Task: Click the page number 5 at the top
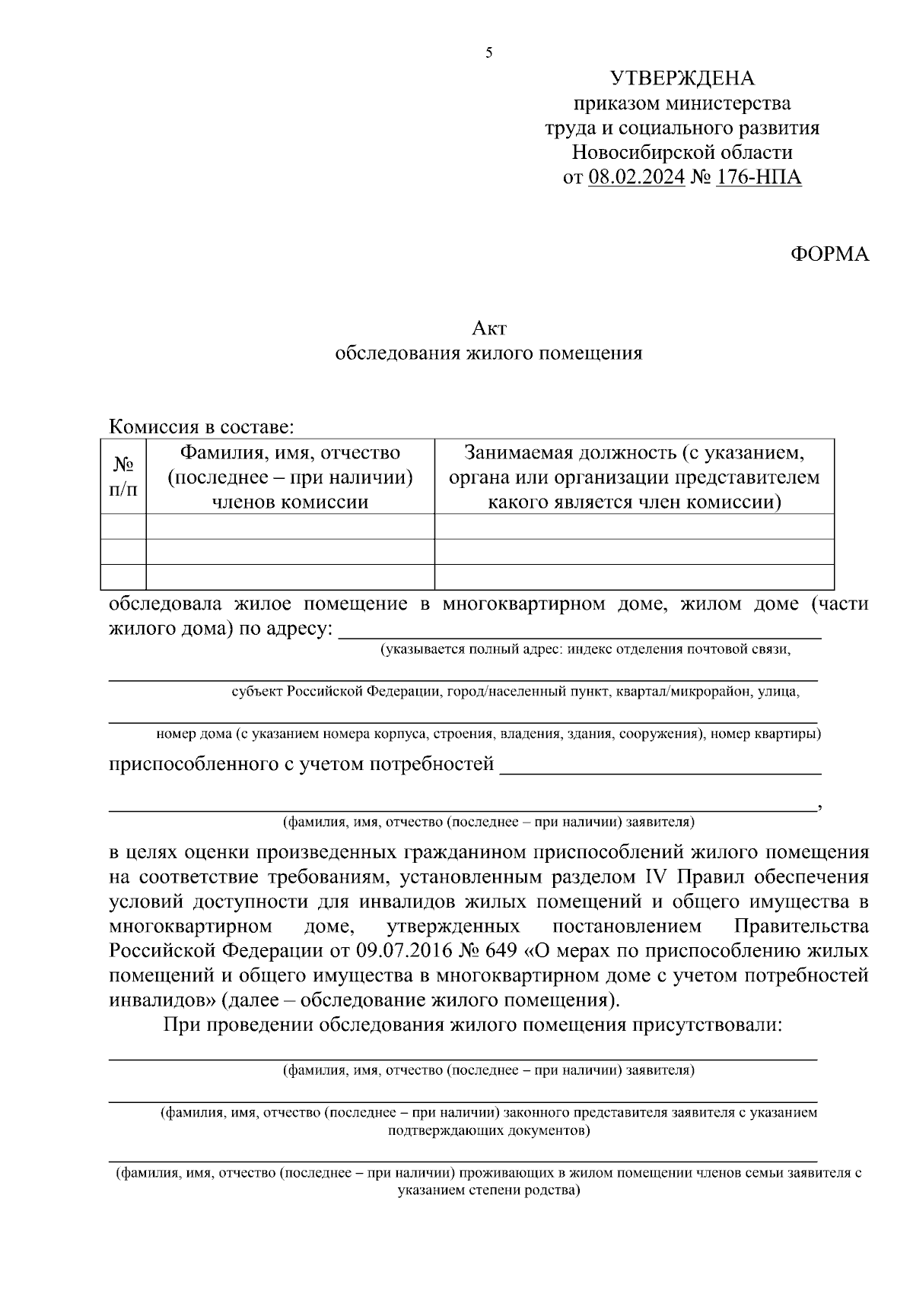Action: (x=488, y=53)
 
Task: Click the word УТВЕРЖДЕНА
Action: (x=682, y=78)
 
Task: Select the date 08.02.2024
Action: (x=636, y=177)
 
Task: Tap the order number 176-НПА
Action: (x=759, y=177)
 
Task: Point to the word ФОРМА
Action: (x=829, y=254)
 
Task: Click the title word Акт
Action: (x=488, y=328)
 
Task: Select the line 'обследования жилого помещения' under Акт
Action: (x=488, y=353)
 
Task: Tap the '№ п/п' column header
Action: (x=123, y=477)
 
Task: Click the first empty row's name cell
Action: (x=290, y=527)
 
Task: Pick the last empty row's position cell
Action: (x=634, y=577)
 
